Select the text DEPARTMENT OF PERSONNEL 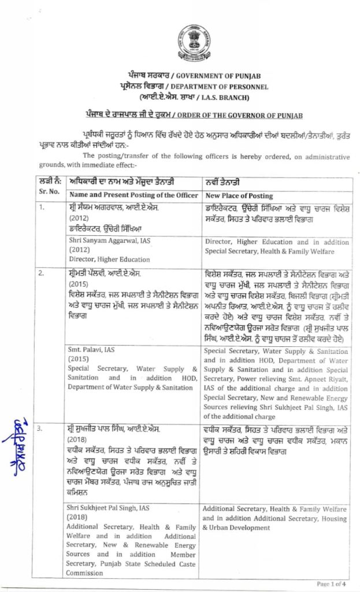click(x=215, y=86)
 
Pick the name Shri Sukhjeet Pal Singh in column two click(x=109, y=507)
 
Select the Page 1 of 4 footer click(x=332, y=584)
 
